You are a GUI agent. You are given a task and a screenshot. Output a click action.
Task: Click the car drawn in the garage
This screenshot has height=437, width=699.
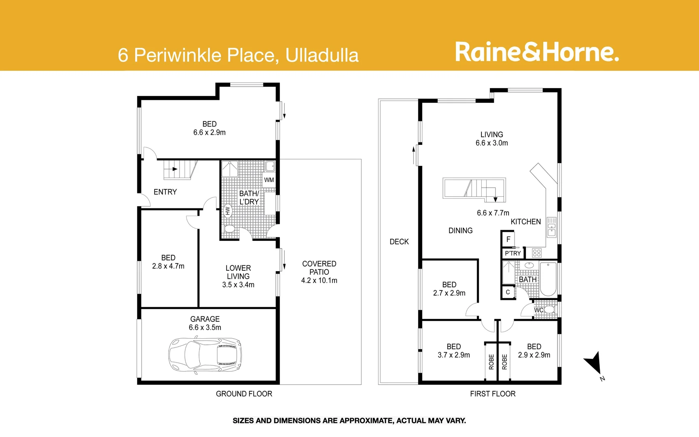203,355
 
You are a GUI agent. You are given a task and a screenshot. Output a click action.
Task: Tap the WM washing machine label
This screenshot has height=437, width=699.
269,180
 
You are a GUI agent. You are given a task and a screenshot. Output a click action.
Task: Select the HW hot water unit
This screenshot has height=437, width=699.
227,210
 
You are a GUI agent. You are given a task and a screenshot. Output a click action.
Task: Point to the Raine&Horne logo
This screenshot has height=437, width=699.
537,52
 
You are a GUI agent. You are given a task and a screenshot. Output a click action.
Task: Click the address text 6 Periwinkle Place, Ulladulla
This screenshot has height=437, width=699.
238,55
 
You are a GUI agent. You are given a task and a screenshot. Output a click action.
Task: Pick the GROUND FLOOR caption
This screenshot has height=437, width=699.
244,394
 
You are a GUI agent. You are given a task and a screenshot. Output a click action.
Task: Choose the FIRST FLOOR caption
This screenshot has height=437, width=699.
493,394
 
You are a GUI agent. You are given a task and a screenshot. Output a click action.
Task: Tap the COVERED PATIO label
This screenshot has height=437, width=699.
319,268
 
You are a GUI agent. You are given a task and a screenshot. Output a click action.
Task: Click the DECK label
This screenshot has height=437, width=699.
399,242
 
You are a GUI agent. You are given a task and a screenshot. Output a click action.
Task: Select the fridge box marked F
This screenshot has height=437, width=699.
508,239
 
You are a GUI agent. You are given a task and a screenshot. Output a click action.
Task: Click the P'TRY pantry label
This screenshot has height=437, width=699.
513,253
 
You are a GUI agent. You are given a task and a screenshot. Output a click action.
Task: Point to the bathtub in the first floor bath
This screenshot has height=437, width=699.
548,279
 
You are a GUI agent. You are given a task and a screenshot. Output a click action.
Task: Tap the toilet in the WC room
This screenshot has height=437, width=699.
549,310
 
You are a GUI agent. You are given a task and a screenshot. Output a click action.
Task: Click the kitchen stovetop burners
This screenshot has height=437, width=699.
537,253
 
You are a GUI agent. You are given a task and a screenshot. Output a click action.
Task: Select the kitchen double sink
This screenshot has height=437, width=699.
552,227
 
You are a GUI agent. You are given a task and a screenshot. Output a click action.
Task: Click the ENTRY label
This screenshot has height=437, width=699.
165,192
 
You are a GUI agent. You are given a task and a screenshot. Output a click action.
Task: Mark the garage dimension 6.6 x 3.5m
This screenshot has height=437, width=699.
205,327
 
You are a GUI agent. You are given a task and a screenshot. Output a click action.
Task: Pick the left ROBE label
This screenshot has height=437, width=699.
491,362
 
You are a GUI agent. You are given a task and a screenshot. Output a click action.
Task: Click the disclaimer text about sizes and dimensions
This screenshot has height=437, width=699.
349,421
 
